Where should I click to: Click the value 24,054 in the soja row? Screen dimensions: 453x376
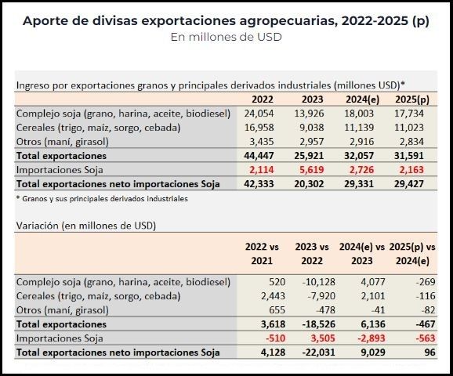tap(259, 114)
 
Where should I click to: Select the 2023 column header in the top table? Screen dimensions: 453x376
tap(312, 99)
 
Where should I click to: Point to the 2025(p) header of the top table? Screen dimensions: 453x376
tap(412, 99)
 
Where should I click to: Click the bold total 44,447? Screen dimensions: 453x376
tap(259, 156)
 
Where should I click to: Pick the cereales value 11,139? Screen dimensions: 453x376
tap(359, 128)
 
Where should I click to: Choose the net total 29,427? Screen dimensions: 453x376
tap(409, 184)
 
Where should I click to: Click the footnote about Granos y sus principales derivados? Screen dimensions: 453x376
tap(102, 199)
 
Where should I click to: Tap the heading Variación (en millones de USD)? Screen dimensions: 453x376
tap(86, 226)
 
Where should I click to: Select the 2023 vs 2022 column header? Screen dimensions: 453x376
tap(312, 254)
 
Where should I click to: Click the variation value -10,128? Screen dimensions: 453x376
tap(319, 282)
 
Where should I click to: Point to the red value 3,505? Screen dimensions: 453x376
tap(323, 338)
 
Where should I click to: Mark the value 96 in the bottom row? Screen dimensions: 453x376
tap(429, 352)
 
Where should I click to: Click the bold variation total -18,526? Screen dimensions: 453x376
tap(319, 324)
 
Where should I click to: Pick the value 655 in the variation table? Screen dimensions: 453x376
tap(277, 310)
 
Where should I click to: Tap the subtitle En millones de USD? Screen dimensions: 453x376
tap(226, 37)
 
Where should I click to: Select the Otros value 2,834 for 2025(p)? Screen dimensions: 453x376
tap(411, 142)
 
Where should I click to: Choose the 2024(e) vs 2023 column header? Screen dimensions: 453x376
tap(362, 254)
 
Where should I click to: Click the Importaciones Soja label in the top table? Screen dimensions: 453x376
tap(60, 170)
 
